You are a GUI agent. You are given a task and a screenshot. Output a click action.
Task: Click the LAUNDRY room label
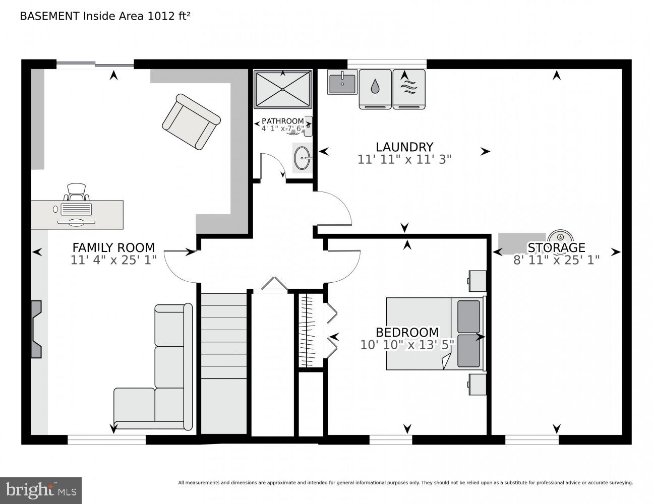(x=404, y=147)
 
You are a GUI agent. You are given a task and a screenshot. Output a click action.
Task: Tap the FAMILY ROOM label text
(x=113, y=248)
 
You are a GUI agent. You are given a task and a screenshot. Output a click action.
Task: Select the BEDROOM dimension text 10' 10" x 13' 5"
(x=407, y=345)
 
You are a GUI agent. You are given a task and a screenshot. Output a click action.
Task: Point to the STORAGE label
(x=556, y=248)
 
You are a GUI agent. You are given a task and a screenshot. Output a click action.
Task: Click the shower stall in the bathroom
(x=282, y=89)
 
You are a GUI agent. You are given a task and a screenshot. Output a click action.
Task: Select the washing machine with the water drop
(x=375, y=89)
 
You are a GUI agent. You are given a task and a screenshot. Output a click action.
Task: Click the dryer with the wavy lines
(x=409, y=89)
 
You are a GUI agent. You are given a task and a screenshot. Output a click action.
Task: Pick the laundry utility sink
(x=342, y=82)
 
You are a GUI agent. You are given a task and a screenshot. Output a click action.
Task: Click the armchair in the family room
(x=191, y=121)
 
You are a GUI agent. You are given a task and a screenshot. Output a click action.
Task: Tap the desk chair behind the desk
(x=77, y=192)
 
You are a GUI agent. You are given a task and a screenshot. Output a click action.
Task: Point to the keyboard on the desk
(x=76, y=209)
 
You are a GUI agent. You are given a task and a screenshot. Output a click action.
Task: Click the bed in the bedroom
(x=436, y=334)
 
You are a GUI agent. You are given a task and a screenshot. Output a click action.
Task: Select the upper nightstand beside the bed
(x=478, y=281)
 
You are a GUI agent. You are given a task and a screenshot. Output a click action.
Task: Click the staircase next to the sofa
(x=224, y=363)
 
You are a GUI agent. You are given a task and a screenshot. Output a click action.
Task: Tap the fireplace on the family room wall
(x=36, y=329)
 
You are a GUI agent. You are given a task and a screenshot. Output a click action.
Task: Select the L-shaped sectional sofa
(x=153, y=367)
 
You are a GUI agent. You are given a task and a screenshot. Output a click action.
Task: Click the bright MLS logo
(x=41, y=490)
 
